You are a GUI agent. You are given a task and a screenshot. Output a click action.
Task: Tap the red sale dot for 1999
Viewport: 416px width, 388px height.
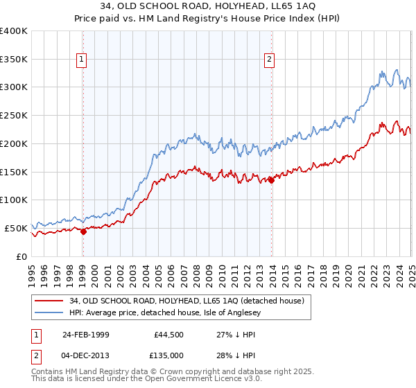point(83,231)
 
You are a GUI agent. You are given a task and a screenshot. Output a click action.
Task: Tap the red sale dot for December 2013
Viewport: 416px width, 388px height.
point(271,181)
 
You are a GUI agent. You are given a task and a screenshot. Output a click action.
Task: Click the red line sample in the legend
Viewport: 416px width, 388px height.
point(49,301)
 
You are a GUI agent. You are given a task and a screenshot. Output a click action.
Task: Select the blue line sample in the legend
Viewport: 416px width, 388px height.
point(49,313)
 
